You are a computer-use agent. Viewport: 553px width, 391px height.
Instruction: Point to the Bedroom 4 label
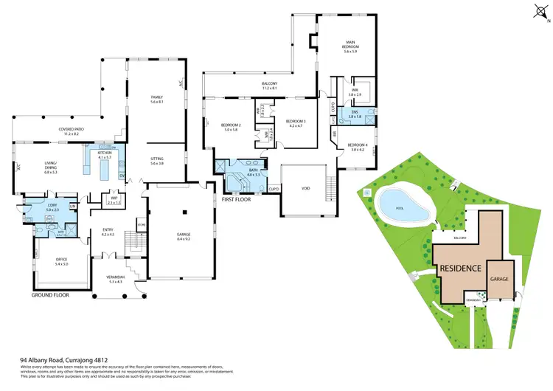[x=358, y=147]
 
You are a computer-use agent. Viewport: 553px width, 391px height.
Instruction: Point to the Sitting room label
[x=156, y=160]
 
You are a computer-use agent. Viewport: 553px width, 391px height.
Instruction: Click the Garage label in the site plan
[x=500, y=279]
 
